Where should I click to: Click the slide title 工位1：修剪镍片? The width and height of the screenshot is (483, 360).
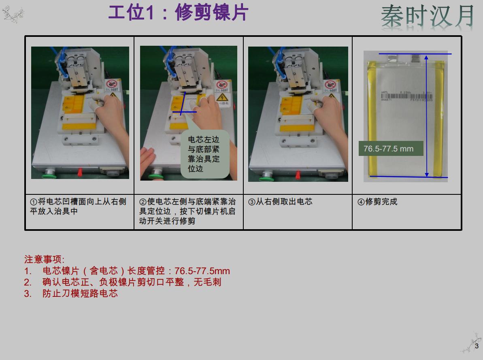click(x=178, y=13)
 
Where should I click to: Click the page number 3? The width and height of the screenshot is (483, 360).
click(x=477, y=346)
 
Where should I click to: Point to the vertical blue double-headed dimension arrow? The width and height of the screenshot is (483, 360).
click(x=426, y=115)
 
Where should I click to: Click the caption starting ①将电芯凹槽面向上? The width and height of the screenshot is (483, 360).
click(x=78, y=206)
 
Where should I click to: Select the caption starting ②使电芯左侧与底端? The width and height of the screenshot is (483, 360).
click(x=187, y=211)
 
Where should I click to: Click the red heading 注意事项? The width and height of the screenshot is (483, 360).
click(x=44, y=259)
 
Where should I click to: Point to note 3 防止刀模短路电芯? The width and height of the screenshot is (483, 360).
click(x=80, y=294)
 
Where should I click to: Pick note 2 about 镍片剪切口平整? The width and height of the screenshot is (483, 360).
click(x=131, y=282)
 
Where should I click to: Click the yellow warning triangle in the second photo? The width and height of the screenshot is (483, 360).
click(x=221, y=98)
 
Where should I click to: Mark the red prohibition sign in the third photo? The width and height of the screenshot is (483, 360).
click(x=331, y=85)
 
